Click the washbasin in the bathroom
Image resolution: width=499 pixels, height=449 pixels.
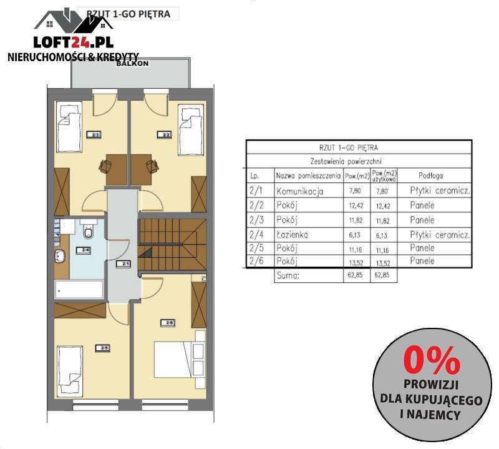[x=62, y=256]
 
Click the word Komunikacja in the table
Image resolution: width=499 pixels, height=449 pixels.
[x=300, y=192]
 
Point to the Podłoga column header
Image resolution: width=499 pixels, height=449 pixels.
[x=430, y=177]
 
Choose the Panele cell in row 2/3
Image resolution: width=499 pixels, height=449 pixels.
[x=422, y=220]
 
